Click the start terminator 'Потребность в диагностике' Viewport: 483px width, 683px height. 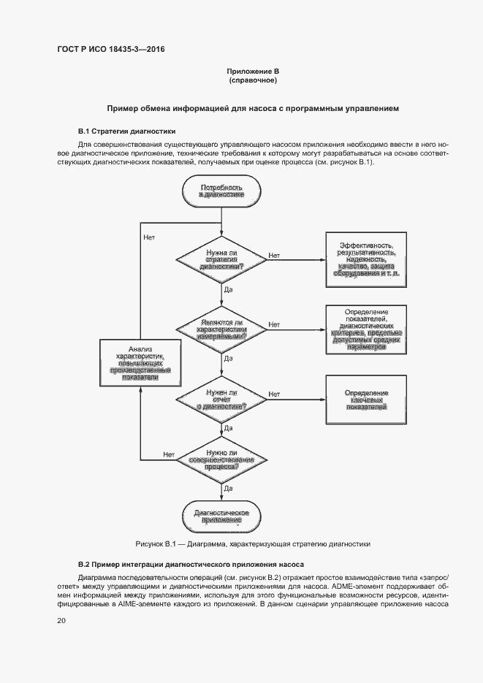tap(222, 193)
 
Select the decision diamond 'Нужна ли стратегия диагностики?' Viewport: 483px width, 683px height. tap(222, 259)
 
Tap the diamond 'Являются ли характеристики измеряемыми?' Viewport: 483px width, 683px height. tap(222, 329)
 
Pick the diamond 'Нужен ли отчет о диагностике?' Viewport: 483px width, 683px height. tap(222, 399)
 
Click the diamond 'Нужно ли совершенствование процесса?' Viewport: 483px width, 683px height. tap(222, 459)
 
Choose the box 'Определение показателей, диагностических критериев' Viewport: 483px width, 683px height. tap(366, 329)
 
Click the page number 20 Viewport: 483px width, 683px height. tap(61, 621)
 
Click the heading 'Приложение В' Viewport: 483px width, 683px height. tap(253, 71)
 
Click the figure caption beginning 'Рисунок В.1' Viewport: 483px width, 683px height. tap(253, 544)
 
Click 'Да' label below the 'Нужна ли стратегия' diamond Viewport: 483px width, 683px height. tap(228, 290)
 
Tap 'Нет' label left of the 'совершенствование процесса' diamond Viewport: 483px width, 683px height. tap(169, 454)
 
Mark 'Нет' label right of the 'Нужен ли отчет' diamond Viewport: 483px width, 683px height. tap(274, 394)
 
